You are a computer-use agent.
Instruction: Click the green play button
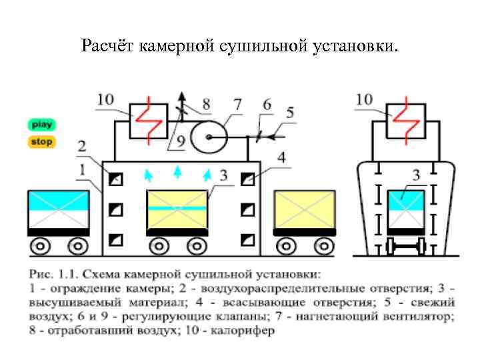point(41,125)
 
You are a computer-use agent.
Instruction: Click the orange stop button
point(41,142)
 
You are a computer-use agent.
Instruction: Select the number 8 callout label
point(206,104)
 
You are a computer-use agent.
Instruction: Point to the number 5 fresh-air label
point(289,113)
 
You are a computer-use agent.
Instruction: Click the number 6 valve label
point(267,105)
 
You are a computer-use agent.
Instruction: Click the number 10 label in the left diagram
point(105,100)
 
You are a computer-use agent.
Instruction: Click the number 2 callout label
point(81,146)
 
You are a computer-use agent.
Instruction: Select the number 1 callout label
point(81,171)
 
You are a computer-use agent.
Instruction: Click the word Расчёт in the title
point(107,46)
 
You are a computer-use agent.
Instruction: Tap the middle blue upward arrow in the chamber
point(177,173)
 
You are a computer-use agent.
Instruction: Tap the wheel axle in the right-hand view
point(405,247)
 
